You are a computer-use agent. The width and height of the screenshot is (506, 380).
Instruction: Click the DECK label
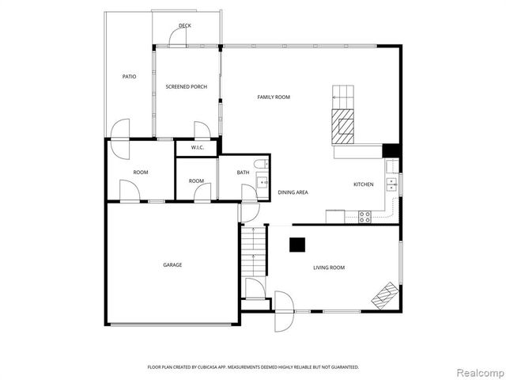point(184,25)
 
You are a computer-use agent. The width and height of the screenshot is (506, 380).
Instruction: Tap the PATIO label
point(128,77)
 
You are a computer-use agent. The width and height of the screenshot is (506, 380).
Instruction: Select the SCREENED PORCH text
point(186,86)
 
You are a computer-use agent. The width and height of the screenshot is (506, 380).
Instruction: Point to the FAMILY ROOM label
point(274,97)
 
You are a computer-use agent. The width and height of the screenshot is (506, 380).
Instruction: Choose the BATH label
point(244,172)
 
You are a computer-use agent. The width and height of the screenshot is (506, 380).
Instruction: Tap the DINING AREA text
point(293,192)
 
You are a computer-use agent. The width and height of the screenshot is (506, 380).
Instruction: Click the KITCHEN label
point(363,184)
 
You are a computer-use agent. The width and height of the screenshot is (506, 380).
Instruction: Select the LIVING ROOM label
point(328,268)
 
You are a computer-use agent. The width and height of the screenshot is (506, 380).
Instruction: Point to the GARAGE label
point(172,264)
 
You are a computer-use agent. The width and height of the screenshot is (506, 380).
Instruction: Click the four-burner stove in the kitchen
point(365,216)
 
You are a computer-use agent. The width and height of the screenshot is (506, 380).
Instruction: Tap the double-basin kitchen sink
point(391,184)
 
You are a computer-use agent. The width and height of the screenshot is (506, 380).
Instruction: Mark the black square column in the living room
point(297,245)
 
